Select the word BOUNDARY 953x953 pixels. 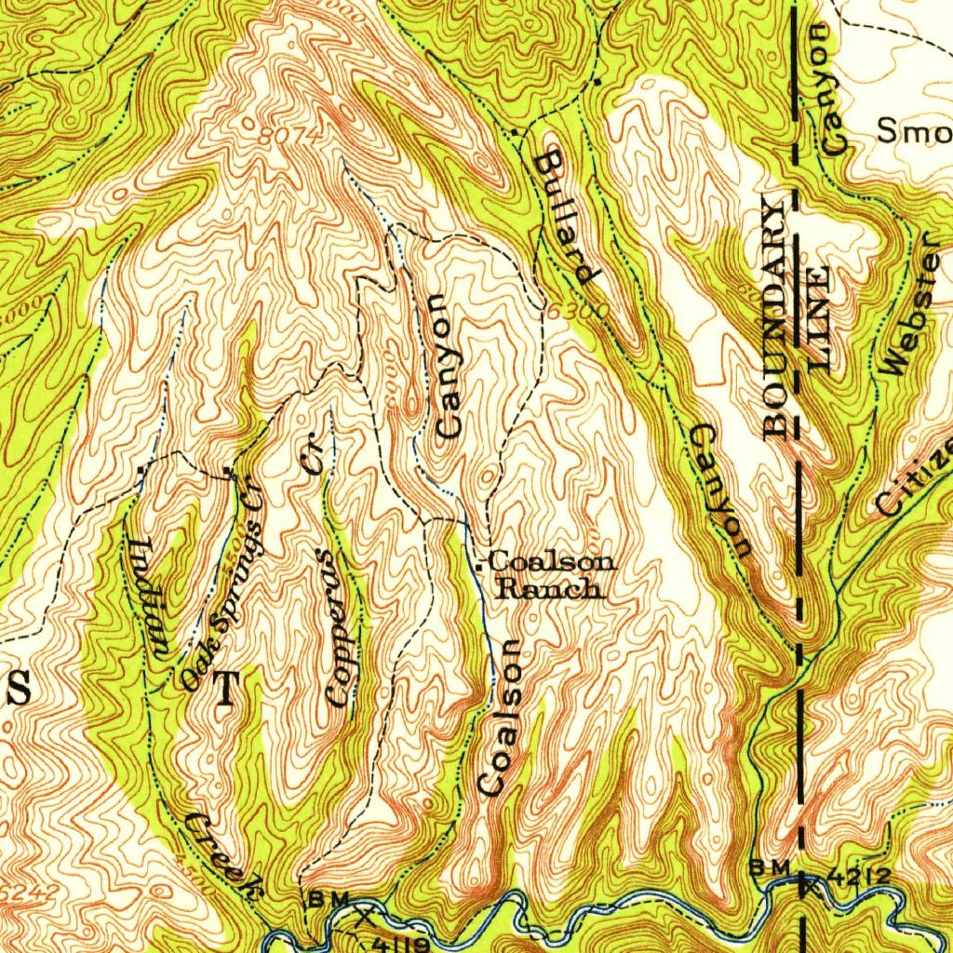[x=775, y=316]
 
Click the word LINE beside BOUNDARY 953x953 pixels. [x=818, y=319]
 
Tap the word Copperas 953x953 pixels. [x=339, y=625]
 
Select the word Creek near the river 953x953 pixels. [x=221, y=852]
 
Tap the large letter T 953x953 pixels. [x=226, y=691]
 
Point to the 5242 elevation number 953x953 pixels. [x=30, y=892]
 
